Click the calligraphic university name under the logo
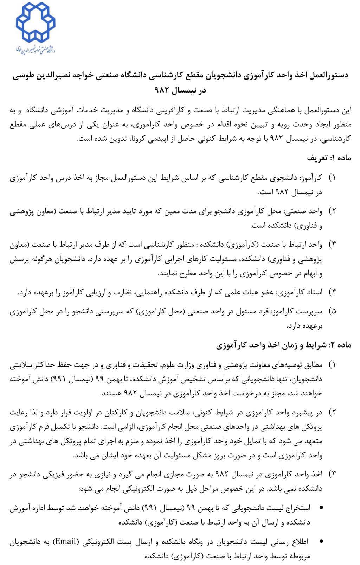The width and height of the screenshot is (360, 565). (x=36, y=50)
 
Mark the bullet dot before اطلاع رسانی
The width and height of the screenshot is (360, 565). (x=321, y=541)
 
